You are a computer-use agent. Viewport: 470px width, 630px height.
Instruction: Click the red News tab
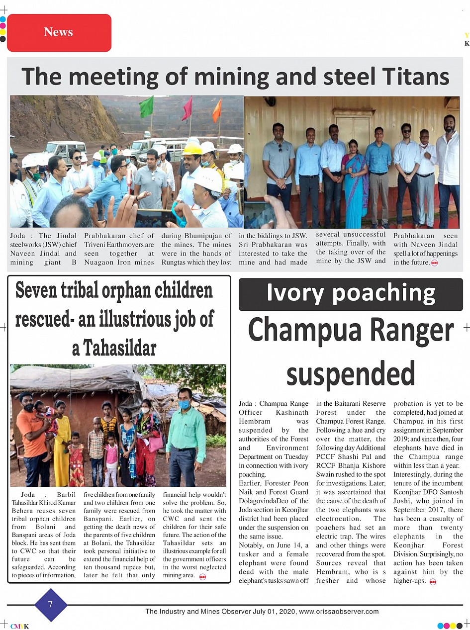59,33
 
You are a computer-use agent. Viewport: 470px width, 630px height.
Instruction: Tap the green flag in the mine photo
147,106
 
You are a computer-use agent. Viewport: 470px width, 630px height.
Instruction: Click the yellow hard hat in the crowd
192,149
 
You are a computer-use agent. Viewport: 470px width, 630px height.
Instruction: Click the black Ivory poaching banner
351,294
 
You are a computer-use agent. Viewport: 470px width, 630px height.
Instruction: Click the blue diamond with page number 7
50,605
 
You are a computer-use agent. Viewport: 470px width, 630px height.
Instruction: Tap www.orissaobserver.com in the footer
339,612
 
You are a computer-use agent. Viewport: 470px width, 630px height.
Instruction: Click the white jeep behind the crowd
65,150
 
